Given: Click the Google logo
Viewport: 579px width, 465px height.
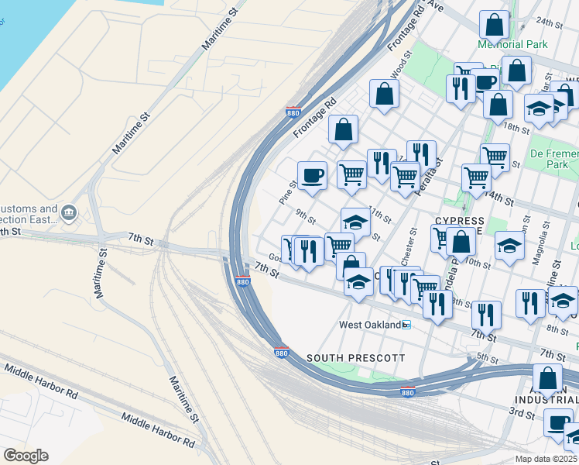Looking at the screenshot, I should click(x=26, y=456).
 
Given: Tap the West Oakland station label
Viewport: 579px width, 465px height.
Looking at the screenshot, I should click(x=370, y=324).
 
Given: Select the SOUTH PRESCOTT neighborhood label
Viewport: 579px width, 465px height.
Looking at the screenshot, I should click(x=355, y=358).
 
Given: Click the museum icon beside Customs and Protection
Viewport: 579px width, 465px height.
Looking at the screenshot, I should click(x=69, y=212).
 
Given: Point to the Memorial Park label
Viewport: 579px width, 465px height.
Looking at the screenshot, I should click(x=512, y=44).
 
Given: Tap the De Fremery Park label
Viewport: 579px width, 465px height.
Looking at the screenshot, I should click(x=553, y=159).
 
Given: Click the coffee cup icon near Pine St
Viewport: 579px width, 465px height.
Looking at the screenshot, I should click(x=313, y=175).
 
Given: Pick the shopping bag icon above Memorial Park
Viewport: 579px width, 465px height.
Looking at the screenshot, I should click(x=494, y=25).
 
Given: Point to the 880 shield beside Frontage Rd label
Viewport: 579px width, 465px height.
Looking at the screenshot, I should click(x=293, y=112).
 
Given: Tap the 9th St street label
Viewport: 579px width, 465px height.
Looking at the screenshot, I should click(x=306, y=215).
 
